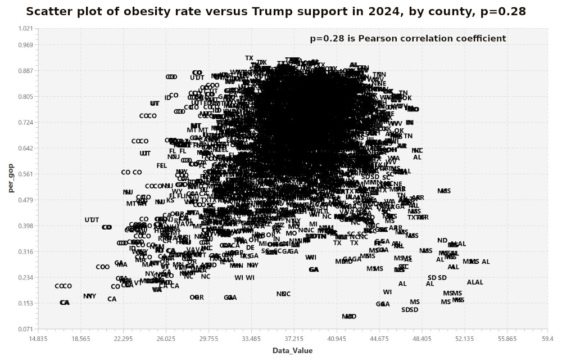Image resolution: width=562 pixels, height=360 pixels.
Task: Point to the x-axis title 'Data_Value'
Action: pyautogui.click(x=292, y=350)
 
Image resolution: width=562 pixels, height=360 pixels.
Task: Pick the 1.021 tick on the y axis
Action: pyautogui.click(x=26, y=29)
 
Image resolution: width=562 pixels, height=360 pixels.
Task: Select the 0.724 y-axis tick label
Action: pyautogui.click(x=26, y=123)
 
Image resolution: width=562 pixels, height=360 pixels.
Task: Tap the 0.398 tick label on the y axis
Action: pyautogui.click(x=26, y=226)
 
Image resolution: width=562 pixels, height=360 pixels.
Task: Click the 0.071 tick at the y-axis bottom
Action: pyautogui.click(x=26, y=329)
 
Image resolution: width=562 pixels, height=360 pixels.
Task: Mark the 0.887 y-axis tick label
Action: pyautogui.click(x=26, y=71)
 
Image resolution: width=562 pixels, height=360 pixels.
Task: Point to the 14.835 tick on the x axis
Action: pyautogui.click(x=38, y=339)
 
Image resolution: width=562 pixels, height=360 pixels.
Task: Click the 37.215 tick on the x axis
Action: pyautogui.click(x=294, y=339)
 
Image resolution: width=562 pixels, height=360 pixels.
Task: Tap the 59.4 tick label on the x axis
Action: pyautogui.click(x=546, y=339)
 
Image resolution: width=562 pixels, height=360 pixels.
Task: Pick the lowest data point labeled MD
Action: pyautogui.click(x=349, y=317)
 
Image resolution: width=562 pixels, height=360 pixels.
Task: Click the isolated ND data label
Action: pyautogui.click(x=442, y=241)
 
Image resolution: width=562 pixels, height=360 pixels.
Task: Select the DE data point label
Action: pyautogui.click(x=250, y=247)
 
